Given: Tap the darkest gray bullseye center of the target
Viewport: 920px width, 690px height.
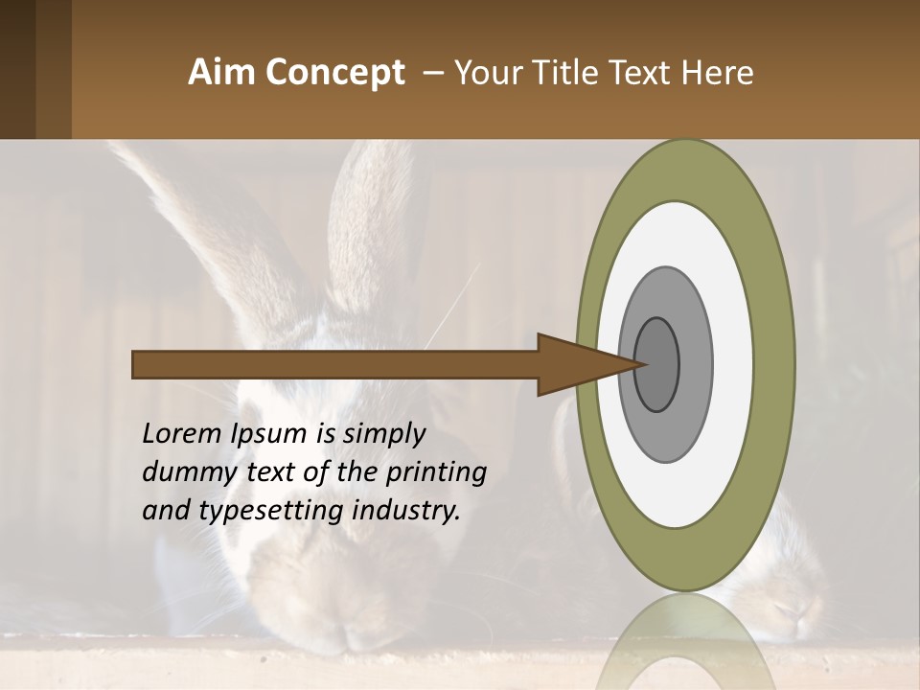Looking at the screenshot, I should pos(656,365).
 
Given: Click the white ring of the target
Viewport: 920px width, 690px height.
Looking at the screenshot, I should pos(732,364).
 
